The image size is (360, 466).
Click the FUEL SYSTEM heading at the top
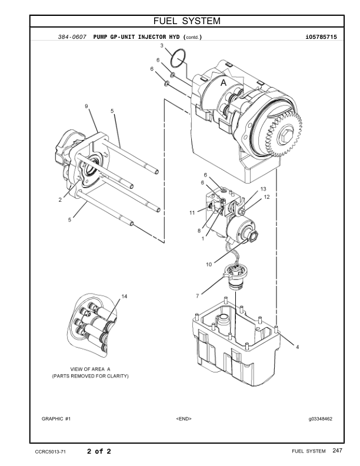click(186, 22)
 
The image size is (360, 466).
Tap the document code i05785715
click(321, 37)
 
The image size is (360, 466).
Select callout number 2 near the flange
click(60, 200)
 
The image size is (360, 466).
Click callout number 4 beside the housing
click(297, 347)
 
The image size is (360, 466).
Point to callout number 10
click(209, 265)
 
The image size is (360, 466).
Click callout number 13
click(255, 188)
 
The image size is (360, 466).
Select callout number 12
click(266, 197)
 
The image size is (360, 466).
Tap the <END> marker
click(184, 418)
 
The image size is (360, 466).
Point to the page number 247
click(337, 451)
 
